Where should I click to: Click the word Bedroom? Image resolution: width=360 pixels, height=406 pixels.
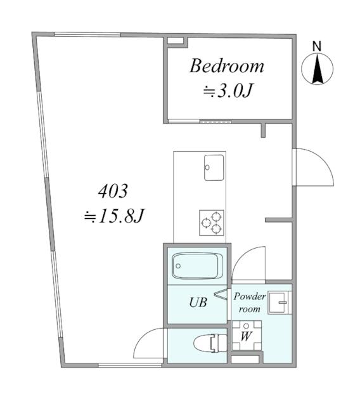(x=227, y=66)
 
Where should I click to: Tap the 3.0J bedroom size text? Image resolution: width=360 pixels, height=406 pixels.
(x=228, y=91)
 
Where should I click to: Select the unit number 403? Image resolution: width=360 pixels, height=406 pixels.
(x=113, y=191)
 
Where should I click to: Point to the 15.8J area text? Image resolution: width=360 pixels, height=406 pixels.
(x=113, y=216)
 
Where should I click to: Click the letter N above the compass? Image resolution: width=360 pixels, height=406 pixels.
(x=317, y=46)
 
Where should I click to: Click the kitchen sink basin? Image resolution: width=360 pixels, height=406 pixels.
(x=214, y=167)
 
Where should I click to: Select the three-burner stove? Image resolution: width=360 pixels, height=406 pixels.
(x=212, y=223)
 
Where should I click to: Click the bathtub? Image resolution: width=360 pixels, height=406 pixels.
(x=197, y=266)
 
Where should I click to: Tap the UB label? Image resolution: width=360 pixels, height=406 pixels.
(x=198, y=302)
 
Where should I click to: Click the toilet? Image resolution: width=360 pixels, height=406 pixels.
(x=210, y=343)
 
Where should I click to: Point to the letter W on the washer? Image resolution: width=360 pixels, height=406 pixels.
(x=246, y=336)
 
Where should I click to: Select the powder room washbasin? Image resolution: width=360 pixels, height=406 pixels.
(x=280, y=303)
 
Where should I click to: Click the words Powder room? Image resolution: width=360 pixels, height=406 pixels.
(x=250, y=303)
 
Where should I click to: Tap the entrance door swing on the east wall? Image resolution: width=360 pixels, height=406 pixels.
(x=313, y=167)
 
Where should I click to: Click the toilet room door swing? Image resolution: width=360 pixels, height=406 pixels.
(x=149, y=343)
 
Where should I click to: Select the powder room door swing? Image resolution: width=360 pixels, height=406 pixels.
(x=249, y=264)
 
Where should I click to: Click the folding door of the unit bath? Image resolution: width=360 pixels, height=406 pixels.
(x=222, y=294)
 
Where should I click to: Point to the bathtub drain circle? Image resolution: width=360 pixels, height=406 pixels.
(x=178, y=266)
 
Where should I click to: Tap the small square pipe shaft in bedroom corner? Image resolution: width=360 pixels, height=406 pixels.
(x=175, y=41)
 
